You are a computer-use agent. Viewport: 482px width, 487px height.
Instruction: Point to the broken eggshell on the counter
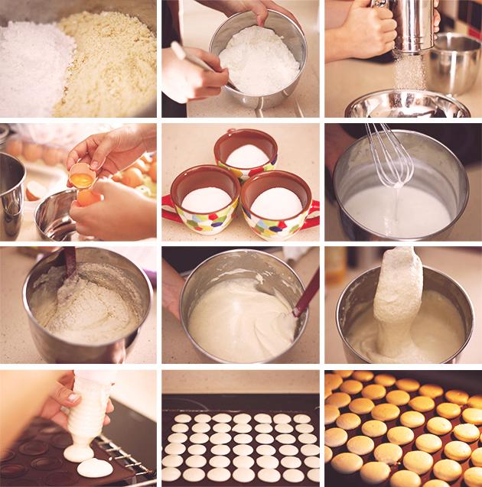pyautogui.click(x=35, y=190)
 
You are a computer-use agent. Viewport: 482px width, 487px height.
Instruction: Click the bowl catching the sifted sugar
pyautogui.click(x=405, y=105)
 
